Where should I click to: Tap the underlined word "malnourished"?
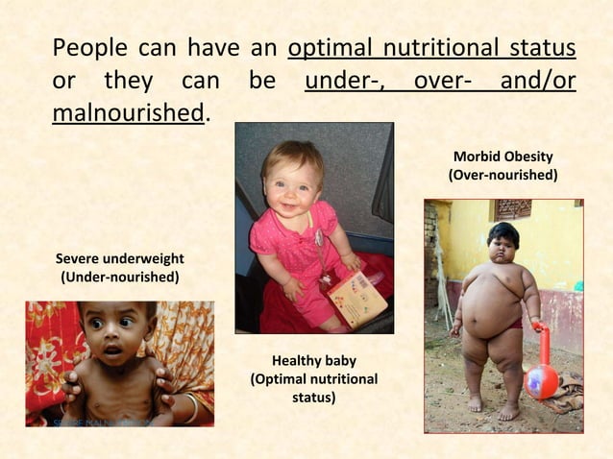(128, 112)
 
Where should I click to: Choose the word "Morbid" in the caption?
(476, 157)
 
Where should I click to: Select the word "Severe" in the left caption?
(78, 259)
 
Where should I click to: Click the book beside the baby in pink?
(357, 297)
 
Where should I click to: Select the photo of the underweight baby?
(119, 363)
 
